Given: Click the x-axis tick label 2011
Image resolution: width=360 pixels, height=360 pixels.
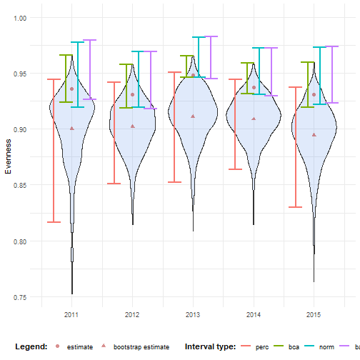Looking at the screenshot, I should click(71, 314).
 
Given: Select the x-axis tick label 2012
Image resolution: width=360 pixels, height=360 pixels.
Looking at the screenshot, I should click(132, 314).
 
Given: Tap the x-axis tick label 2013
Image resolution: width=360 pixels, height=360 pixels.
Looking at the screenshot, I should click(193, 314).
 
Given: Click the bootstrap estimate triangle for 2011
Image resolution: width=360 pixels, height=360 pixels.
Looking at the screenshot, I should click(71, 129).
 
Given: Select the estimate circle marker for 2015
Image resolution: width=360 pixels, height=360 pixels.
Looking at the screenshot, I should click(314, 94).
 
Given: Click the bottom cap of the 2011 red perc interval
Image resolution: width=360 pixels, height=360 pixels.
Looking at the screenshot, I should click(54, 222).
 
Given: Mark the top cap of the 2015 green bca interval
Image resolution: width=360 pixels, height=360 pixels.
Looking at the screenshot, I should click(308, 62).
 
